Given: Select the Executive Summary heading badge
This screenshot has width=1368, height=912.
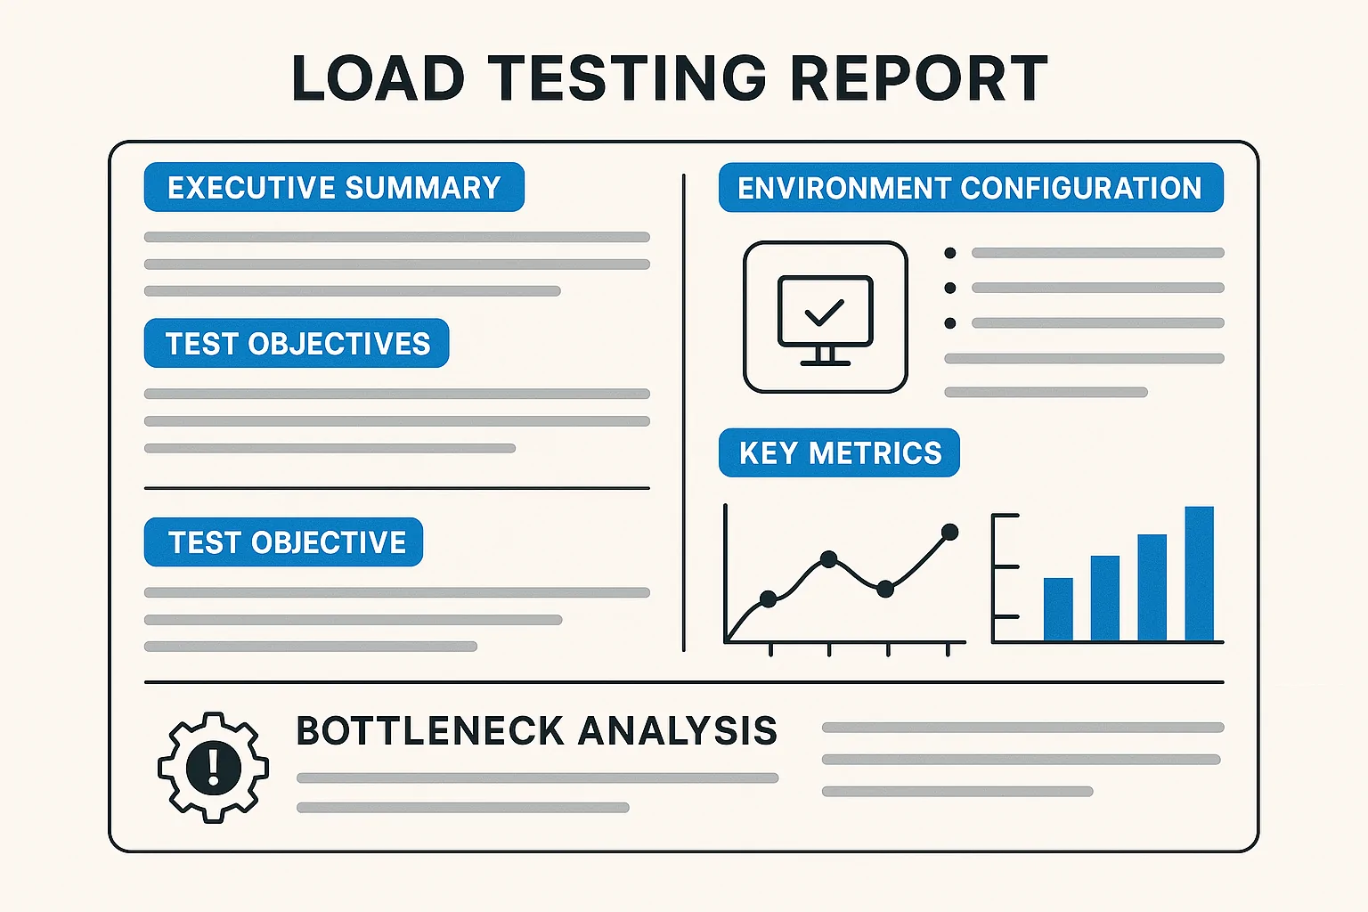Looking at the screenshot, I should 334,187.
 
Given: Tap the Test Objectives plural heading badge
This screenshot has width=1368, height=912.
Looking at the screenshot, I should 297,343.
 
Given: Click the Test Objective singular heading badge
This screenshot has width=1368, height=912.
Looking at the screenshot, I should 284,541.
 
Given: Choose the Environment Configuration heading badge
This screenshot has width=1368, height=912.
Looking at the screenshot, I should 970,187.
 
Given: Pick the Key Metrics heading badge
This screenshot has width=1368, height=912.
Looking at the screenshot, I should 839,452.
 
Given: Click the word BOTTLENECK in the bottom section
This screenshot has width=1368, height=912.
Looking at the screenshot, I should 430,731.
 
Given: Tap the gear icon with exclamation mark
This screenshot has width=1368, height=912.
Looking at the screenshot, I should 213,767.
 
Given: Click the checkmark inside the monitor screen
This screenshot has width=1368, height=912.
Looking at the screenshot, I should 824,311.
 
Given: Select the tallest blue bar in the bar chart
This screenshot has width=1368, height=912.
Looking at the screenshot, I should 1199,574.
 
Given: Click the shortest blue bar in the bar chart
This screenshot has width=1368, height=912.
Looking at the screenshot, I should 1058,609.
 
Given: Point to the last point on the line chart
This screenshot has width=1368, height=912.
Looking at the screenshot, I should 949,532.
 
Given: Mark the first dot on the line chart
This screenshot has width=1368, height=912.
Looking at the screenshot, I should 769,599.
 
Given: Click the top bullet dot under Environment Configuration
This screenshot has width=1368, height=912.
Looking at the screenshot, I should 950,253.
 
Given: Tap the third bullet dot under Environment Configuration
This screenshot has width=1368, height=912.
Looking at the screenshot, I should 950,323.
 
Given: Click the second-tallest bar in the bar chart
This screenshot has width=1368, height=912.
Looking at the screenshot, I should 1152,588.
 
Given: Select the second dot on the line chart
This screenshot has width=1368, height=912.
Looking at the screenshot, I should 828,559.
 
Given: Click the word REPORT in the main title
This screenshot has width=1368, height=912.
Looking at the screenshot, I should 918,78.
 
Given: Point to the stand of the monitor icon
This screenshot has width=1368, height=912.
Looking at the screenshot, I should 825,357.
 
